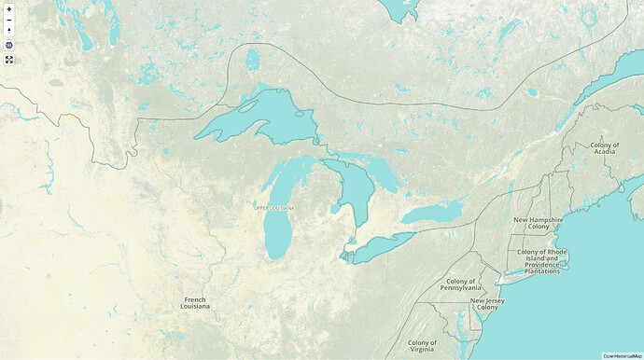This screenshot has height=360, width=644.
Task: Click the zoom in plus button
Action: pos(8,8)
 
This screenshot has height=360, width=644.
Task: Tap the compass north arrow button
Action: pos(8,30)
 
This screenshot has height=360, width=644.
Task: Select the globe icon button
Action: pos(8,45)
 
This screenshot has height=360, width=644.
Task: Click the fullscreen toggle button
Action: pos(8,60)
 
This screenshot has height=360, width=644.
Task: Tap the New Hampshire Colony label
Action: pos(539,223)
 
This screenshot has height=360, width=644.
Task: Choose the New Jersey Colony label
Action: pos(487,305)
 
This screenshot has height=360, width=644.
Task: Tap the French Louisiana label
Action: pos(196,302)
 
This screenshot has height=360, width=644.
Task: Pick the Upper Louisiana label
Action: pos(274,207)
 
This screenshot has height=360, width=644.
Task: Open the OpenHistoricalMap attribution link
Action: pos(622,355)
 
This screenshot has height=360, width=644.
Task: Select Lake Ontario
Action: pos(432,213)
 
